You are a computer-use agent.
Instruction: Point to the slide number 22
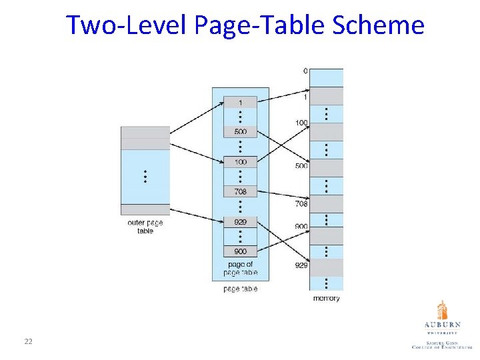(28, 341)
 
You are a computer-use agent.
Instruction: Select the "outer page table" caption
(145, 227)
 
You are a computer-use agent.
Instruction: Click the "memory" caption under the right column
(326, 298)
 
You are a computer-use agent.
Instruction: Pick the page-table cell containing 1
(240, 102)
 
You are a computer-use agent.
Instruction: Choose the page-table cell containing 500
(240, 131)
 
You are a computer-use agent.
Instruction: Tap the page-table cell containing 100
(240, 162)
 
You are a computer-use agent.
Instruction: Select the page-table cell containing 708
(240, 191)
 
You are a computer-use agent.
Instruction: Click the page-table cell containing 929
(240, 221)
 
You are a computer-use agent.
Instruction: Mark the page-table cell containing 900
(240, 251)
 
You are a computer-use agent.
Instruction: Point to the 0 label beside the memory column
(305, 71)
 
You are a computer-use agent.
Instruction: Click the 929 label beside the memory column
(301, 265)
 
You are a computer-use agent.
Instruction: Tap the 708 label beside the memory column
(301, 204)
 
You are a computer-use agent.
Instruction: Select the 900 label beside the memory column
(301, 227)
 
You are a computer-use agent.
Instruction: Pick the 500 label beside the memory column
(301, 166)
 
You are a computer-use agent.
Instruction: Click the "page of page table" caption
(240, 269)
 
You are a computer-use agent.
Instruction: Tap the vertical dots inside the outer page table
(145, 177)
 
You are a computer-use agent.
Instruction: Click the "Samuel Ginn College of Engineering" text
(441, 344)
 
